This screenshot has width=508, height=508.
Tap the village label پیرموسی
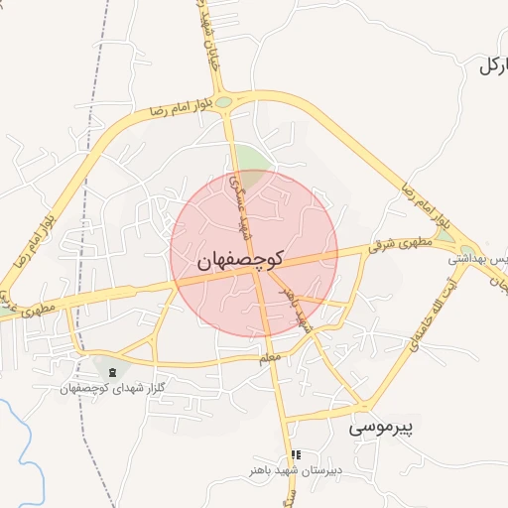pos(386,429)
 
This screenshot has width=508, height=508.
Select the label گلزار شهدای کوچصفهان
pos(112,388)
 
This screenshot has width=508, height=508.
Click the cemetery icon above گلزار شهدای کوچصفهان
pos(111,372)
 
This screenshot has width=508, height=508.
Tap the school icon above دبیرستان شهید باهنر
pos(295,454)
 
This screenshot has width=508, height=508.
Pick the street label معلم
pos(269,355)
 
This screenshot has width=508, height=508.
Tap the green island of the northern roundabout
pos(224,101)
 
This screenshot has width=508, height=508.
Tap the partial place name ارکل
pos(492,66)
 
